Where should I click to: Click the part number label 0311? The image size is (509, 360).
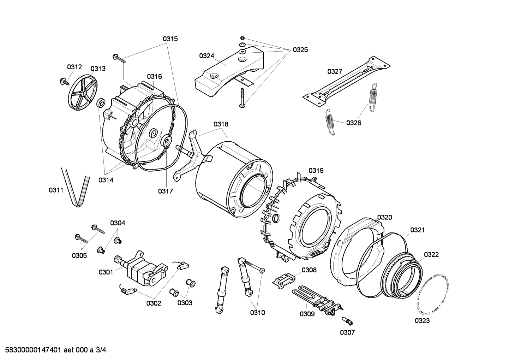click(56, 190)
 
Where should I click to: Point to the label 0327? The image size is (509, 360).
click(335, 71)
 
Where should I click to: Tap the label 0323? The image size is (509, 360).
click(422, 321)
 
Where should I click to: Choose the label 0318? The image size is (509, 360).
click(221, 124)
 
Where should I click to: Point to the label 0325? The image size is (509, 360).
click(300, 50)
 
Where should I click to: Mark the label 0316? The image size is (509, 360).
click(155, 76)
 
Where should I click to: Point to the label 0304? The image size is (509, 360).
click(118, 223)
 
